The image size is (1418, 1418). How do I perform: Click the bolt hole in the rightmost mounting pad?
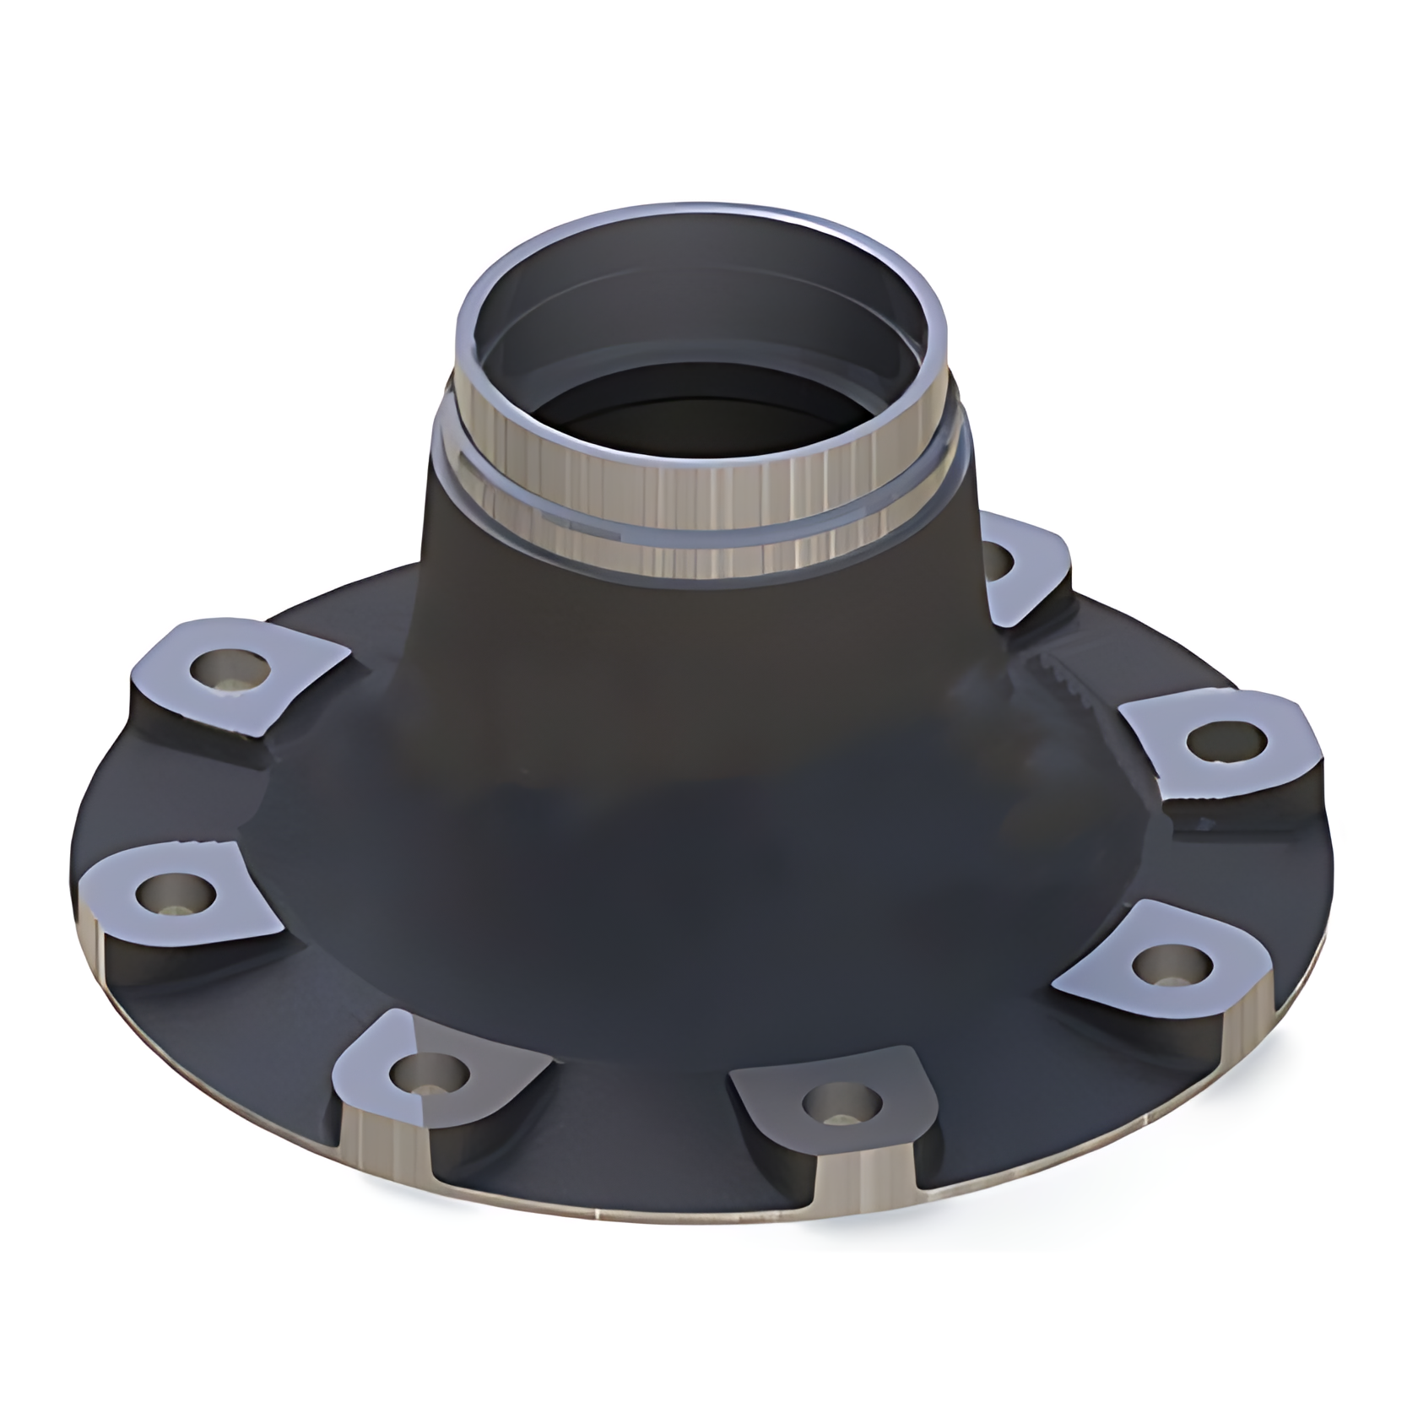point(1226,741)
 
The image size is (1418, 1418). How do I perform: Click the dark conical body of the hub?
point(675,760)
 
